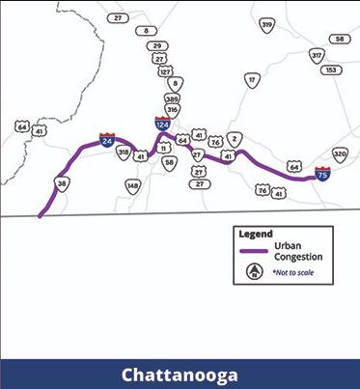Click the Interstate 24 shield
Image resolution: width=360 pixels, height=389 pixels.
click(x=106, y=142)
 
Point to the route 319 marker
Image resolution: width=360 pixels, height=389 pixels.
click(x=267, y=25)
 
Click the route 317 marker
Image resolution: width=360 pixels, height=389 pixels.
click(x=317, y=56)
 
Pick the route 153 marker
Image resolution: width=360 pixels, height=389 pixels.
click(x=331, y=69)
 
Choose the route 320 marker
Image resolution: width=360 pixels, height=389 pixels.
click(x=339, y=154)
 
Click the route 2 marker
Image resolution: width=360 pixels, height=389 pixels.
click(x=235, y=139)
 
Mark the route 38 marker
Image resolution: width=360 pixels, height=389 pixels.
click(x=62, y=182)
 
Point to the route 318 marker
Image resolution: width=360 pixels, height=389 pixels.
click(x=124, y=153)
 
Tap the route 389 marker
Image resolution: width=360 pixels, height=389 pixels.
click(x=172, y=98)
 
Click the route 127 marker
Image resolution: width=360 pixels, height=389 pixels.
click(x=166, y=71)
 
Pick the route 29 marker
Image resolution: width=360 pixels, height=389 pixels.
click(x=157, y=45)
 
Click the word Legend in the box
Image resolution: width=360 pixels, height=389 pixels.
click(x=256, y=234)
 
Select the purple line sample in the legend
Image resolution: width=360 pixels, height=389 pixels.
click(x=253, y=251)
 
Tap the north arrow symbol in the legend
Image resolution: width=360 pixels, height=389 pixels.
click(x=254, y=272)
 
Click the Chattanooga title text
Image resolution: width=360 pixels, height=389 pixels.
click(x=180, y=375)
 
